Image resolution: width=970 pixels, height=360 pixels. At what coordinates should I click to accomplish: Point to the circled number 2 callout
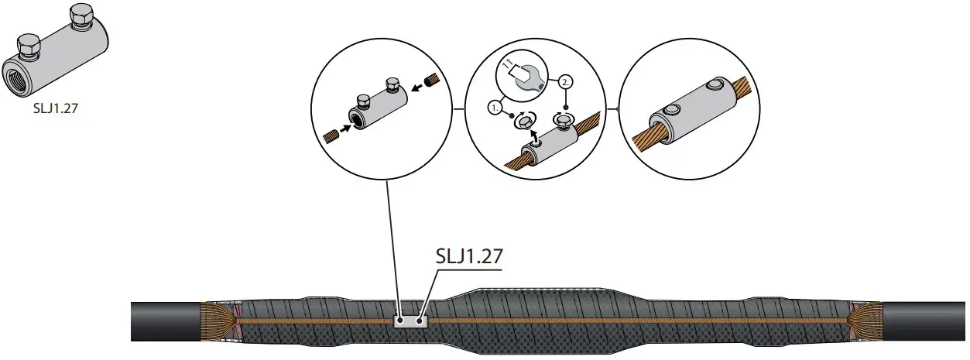[567, 82]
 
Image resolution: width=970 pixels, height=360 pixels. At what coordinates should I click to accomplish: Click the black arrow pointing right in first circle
[347, 126]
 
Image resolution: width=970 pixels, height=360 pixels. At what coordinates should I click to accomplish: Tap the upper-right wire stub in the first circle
[435, 79]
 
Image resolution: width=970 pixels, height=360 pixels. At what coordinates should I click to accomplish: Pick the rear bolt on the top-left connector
[78, 15]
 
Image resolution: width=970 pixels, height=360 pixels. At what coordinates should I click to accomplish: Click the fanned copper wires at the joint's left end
[217, 319]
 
